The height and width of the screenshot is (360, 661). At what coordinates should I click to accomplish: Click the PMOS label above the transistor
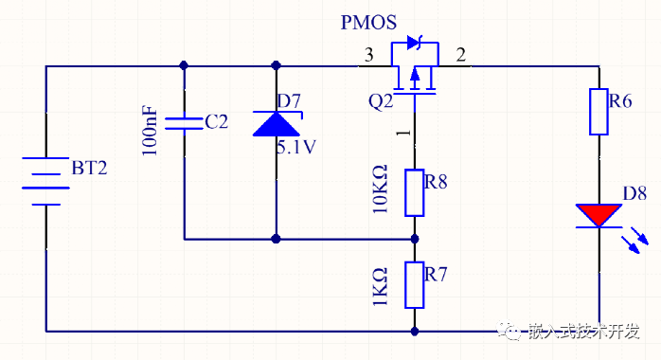(x=368, y=23)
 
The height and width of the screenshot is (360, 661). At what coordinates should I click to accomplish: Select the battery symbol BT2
(x=45, y=181)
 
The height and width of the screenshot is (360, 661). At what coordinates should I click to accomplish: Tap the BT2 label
(x=89, y=168)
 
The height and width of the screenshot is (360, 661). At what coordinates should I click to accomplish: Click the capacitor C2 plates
(x=184, y=123)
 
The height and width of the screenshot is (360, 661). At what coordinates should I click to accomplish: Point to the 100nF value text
(x=150, y=131)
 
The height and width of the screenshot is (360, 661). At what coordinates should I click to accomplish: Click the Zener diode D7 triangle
(x=277, y=123)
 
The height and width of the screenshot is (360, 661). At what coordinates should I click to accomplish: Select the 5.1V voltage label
(x=296, y=147)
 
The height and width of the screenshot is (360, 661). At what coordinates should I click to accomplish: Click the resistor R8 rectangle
(x=415, y=193)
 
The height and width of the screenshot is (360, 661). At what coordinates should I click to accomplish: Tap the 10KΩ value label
(x=380, y=189)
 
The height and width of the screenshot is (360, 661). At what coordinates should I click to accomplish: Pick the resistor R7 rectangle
(x=415, y=285)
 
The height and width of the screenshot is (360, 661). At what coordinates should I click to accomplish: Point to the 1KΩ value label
(x=380, y=287)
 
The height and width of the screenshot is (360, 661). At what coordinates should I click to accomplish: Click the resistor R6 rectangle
(x=598, y=112)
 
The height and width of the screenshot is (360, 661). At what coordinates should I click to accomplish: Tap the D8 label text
(x=634, y=193)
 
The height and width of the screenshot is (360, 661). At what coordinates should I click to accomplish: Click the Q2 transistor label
(x=381, y=101)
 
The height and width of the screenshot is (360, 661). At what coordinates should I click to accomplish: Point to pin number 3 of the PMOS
(x=369, y=55)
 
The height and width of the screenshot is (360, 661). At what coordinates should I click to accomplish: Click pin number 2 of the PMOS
(x=461, y=55)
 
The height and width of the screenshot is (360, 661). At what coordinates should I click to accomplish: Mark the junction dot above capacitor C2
(x=184, y=65)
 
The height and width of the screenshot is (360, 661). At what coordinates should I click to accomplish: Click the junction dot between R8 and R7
(x=415, y=239)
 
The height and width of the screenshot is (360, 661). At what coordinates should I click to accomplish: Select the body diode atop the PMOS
(x=415, y=43)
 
